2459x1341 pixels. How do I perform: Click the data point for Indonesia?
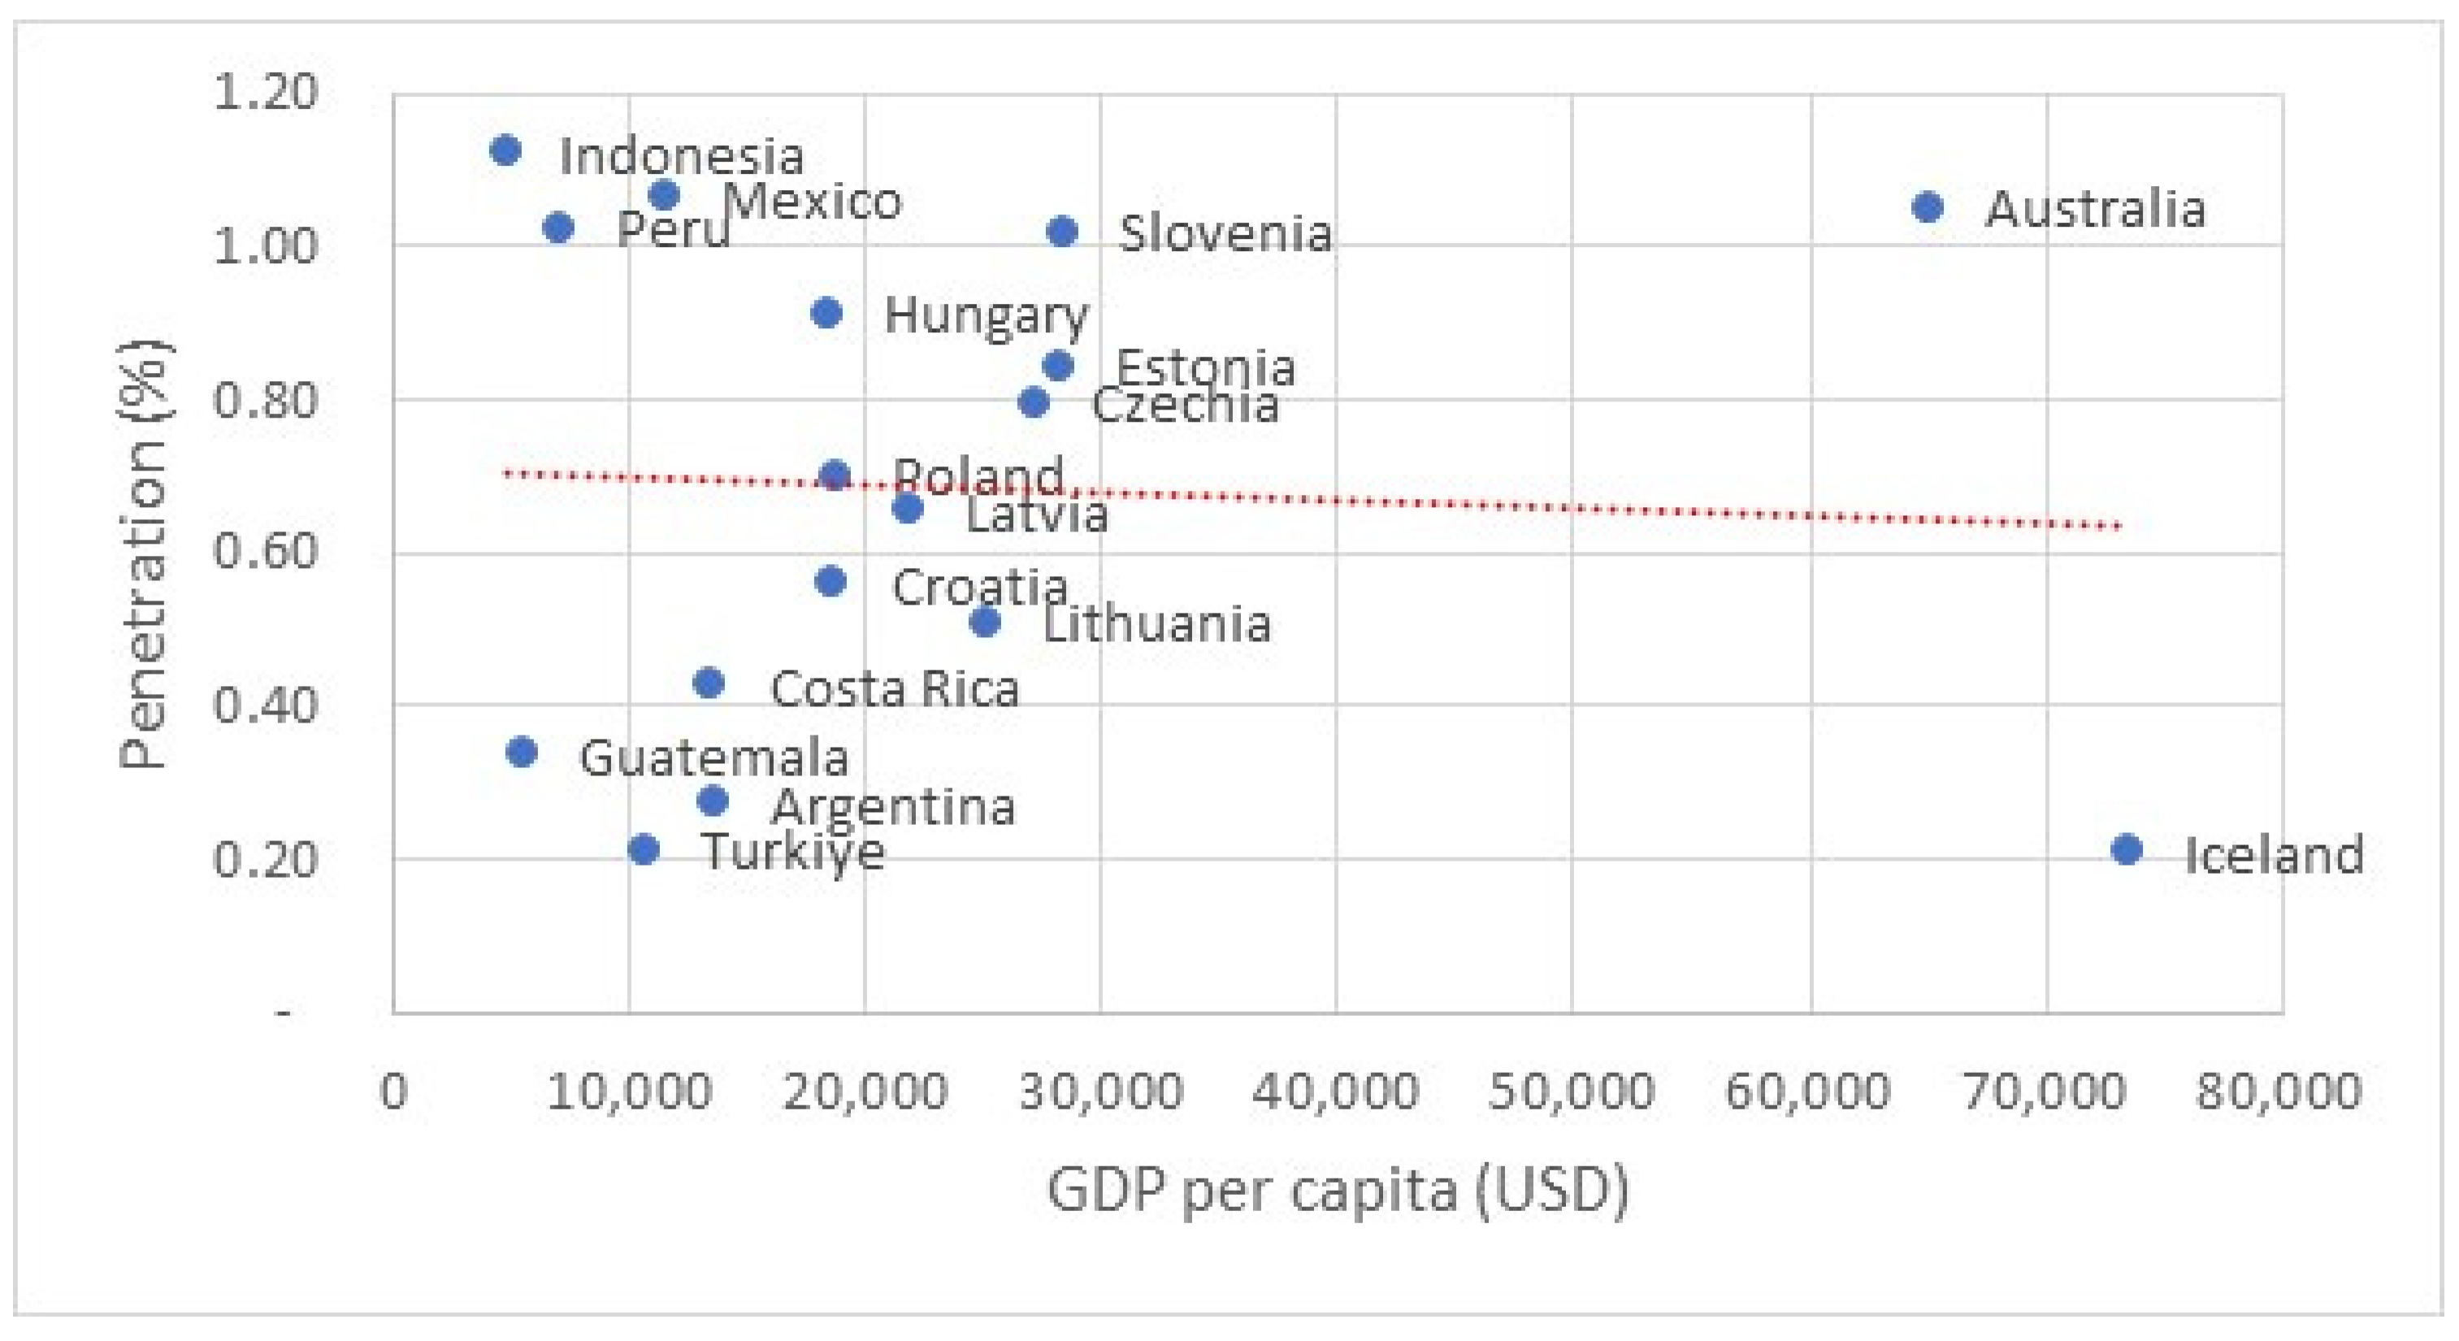(505, 150)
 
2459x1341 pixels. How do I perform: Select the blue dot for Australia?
(1928, 206)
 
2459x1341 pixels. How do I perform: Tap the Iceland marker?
(2127, 848)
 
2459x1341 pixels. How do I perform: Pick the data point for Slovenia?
(1062, 231)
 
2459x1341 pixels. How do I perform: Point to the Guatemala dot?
(521, 751)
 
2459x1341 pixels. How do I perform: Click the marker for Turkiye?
(644, 848)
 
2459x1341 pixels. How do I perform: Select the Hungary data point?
(826, 312)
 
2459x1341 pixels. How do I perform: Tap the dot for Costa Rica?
(709, 683)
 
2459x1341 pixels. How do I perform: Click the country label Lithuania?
(1156, 624)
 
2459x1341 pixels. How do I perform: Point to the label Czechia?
(1185, 405)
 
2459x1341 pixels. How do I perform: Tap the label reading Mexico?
(813, 202)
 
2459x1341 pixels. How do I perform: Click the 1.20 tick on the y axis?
(264, 93)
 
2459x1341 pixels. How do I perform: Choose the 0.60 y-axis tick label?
(264, 552)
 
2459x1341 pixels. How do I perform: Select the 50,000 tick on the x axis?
(1572, 1090)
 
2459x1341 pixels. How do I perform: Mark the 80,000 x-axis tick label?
(2279, 1090)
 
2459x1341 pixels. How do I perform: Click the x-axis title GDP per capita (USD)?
(1338, 1189)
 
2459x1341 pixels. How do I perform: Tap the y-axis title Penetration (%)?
(143, 553)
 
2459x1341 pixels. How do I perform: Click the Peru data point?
(558, 228)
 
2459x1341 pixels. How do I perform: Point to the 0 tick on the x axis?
(393, 1090)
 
